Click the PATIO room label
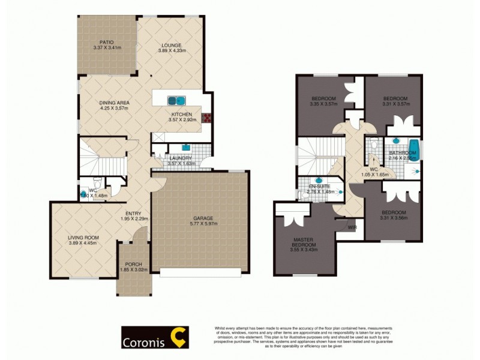tap(107, 42)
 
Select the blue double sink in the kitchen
tap(176, 100)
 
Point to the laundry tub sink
tap(187, 146)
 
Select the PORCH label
tap(133, 264)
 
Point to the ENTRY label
tap(133, 212)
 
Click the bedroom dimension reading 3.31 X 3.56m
tap(394, 219)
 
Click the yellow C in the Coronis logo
tap(178, 337)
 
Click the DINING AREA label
tap(114, 103)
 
